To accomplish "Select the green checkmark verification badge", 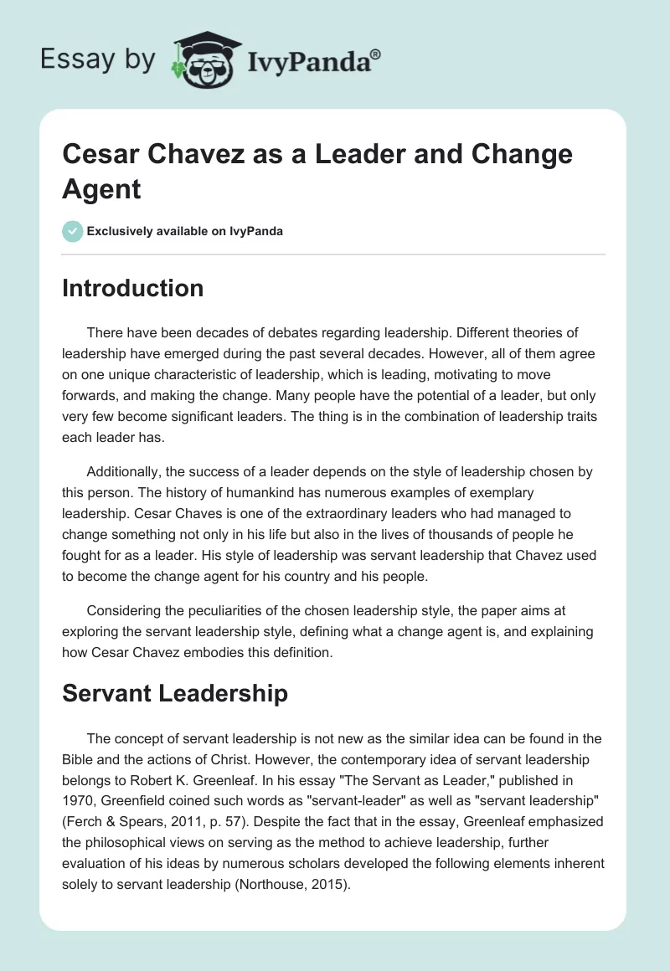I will (73, 231).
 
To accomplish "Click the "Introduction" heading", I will (132, 289).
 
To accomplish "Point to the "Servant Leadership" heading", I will (175, 693).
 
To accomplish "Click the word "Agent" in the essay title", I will (101, 188).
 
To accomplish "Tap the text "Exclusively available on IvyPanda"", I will (185, 231).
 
